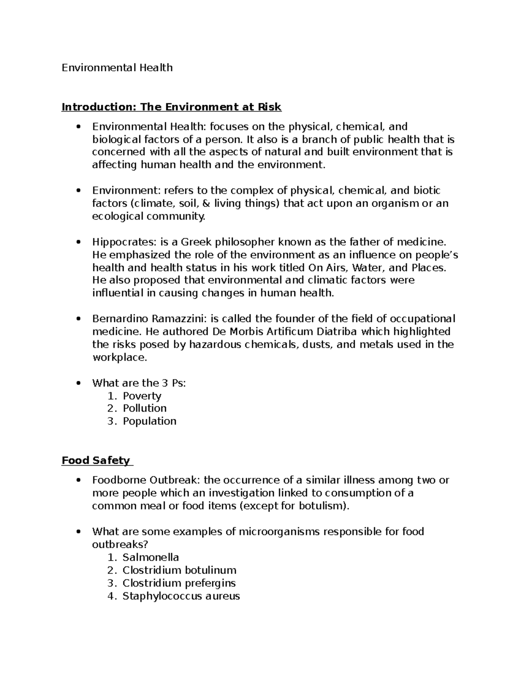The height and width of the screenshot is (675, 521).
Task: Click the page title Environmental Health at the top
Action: tap(117, 68)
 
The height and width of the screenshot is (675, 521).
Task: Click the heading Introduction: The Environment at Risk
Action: tap(171, 107)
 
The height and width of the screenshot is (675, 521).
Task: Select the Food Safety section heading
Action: tap(96, 460)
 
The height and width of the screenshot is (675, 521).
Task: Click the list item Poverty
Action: tap(142, 396)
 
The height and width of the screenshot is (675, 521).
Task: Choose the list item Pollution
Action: tap(145, 409)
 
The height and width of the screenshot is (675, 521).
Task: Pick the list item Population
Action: tap(149, 421)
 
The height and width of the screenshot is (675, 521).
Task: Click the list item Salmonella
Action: tap(151, 557)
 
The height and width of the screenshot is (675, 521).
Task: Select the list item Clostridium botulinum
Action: tap(179, 570)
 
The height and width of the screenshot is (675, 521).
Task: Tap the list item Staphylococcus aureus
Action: tap(181, 596)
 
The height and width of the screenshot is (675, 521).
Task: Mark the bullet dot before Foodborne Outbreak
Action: tap(78, 480)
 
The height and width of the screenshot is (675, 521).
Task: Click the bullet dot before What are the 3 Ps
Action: tap(78, 383)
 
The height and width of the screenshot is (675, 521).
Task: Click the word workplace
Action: tap(119, 358)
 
